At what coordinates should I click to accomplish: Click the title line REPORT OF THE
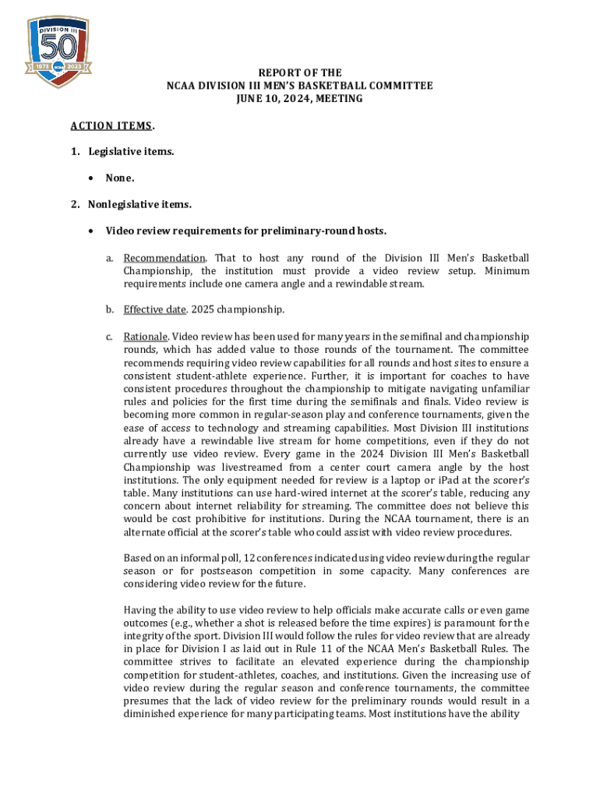point(300,72)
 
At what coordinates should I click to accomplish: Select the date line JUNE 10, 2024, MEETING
point(300,99)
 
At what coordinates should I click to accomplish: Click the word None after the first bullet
point(119,178)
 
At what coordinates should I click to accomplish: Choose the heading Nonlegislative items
point(139,205)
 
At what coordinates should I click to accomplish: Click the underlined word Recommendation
point(164,258)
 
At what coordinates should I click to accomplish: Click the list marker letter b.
point(110,310)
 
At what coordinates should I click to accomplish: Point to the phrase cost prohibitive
point(201,518)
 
